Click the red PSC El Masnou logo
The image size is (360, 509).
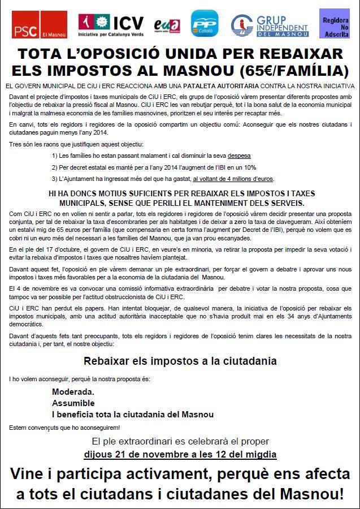(x=39, y=27)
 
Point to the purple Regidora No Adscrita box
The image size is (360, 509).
(x=335, y=24)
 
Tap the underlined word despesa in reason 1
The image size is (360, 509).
(x=240, y=155)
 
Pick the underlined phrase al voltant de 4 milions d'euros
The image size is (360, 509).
(x=233, y=179)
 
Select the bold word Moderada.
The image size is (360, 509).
(x=73, y=391)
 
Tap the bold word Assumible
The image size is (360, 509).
(x=73, y=403)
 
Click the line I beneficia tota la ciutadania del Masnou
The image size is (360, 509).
(x=133, y=414)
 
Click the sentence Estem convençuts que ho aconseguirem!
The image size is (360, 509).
(x=64, y=427)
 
